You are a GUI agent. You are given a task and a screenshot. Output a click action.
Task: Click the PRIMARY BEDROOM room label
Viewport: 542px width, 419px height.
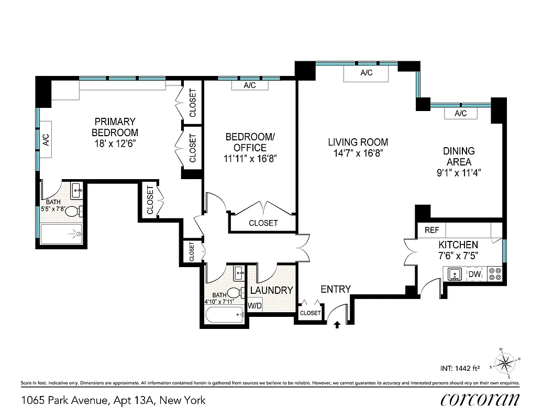pyautogui.click(x=115, y=127)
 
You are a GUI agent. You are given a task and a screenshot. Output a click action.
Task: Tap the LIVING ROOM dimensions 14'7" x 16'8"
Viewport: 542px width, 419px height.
pyautogui.click(x=358, y=153)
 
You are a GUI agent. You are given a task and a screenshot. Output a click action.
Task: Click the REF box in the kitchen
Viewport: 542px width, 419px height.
pyautogui.click(x=432, y=230)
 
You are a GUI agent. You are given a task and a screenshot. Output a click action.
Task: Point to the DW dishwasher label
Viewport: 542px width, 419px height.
pyautogui.click(x=474, y=274)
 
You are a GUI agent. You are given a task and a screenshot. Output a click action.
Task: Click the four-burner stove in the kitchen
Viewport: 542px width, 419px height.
pyautogui.click(x=494, y=273)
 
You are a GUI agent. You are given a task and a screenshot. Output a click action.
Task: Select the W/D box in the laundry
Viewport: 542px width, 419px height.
pyautogui.click(x=255, y=305)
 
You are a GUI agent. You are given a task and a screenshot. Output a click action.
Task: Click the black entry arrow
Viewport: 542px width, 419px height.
pyautogui.click(x=337, y=325)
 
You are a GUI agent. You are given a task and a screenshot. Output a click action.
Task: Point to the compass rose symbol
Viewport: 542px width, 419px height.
pyautogui.click(x=506, y=362)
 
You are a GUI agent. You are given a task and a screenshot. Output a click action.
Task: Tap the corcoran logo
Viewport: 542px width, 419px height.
pyautogui.click(x=480, y=400)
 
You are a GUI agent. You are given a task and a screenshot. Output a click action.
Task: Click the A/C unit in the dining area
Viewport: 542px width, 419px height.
pyautogui.click(x=460, y=114)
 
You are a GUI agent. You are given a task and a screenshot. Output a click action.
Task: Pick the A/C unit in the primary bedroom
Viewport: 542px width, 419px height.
pyautogui.click(x=46, y=139)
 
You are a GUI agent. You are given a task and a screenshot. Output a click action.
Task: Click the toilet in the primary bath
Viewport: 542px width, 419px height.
pyautogui.click(x=79, y=212)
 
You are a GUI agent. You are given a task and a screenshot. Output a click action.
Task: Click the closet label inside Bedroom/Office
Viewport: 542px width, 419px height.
pyautogui.click(x=263, y=223)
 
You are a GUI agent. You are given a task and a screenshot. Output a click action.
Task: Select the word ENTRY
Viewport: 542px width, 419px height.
pyautogui.click(x=336, y=289)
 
